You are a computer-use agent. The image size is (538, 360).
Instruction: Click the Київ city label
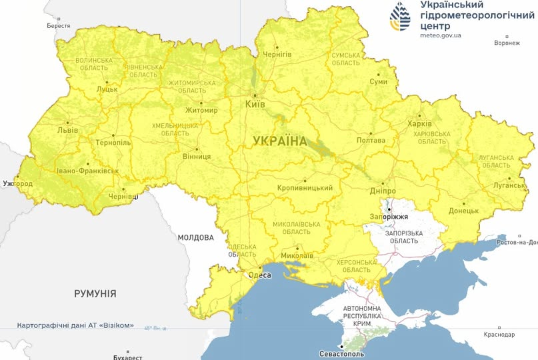click(x=255, y=105)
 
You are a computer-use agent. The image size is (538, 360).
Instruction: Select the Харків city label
click(x=419, y=123)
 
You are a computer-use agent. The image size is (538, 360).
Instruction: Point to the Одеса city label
click(x=259, y=275)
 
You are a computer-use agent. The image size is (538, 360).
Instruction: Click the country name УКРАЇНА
click(x=280, y=141)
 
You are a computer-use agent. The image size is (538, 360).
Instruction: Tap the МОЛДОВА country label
click(x=195, y=237)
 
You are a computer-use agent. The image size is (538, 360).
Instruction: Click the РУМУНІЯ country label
click(x=95, y=293)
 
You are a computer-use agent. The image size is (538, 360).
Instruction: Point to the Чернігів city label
click(x=277, y=54)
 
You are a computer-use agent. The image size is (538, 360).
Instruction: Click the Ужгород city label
click(x=17, y=183)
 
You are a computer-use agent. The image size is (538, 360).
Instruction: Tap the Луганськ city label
click(x=510, y=185)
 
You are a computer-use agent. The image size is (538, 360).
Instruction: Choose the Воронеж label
click(x=507, y=43)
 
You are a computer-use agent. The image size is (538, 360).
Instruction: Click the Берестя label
click(x=59, y=25)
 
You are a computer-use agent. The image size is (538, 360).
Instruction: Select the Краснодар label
click(x=499, y=334)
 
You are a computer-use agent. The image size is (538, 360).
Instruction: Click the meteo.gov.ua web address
click(x=441, y=35)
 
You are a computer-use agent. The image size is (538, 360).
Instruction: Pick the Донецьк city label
click(x=463, y=211)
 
